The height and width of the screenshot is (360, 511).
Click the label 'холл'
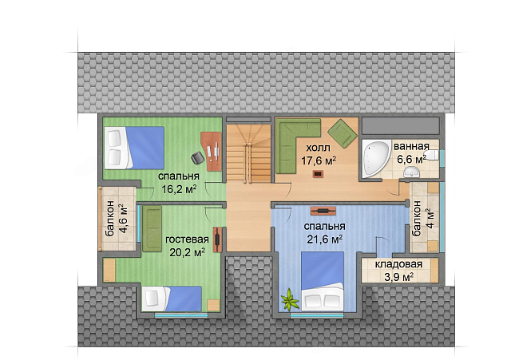(x=318, y=148)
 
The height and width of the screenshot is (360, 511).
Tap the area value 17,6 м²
(x=319, y=160)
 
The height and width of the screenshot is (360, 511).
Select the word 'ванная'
(x=411, y=147)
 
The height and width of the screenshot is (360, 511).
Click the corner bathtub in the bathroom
(x=375, y=158)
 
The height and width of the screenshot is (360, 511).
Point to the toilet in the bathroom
(x=432, y=156)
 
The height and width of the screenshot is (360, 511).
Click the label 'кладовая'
(x=398, y=264)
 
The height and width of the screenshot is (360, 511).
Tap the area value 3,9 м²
(x=399, y=277)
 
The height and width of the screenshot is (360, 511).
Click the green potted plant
(x=289, y=300)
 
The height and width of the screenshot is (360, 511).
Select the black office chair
(x=198, y=157)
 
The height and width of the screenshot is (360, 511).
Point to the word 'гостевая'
(x=187, y=239)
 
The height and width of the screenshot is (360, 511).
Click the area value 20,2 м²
(x=187, y=252)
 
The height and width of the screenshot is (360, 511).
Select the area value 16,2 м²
(x=179, y=189)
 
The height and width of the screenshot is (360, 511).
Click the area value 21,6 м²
(x=325, y=239)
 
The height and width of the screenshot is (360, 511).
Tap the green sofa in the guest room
(x=152, y=228)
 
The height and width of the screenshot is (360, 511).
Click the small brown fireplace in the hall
(x=318, y=174)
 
